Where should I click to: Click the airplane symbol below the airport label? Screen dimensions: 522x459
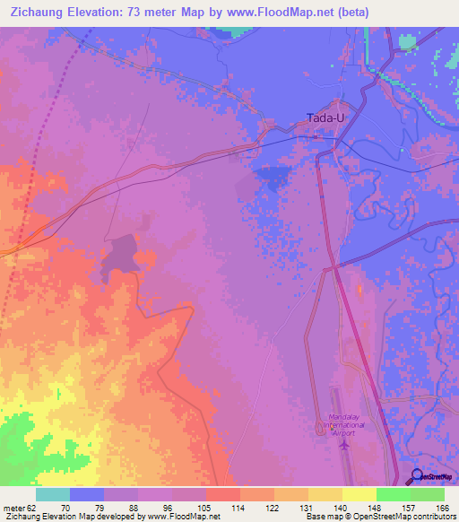(343, 446)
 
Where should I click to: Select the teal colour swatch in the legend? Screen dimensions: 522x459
(52, 494)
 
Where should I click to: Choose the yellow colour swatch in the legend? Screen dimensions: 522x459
(359, 494)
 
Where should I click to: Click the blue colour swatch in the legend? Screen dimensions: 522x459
(86, 494)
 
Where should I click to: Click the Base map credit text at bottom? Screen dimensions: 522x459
(326, 517)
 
